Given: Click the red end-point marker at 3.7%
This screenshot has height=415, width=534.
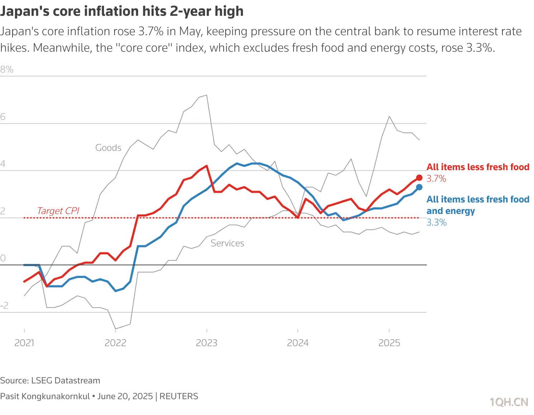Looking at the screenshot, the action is tap(419, 177).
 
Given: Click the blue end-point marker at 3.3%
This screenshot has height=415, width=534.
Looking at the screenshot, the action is tap(419, 187).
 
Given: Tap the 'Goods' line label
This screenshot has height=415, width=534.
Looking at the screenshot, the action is tap(108, 148).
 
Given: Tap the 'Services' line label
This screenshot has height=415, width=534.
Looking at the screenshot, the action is tap(227, 243).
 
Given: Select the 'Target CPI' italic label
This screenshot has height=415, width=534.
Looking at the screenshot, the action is tap(58, 211).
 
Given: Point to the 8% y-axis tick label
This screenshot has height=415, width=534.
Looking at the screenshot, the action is tap(7, 69).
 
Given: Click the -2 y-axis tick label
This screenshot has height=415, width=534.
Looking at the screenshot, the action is tap(4, 306).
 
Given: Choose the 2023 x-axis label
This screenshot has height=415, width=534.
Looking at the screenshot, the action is tap(207, 343).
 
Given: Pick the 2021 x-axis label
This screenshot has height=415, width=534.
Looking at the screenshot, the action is tap(24, 343).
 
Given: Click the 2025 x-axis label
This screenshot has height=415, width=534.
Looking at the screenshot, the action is tap(389, 343).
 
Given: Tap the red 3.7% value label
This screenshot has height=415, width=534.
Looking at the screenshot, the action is tap(436, 178).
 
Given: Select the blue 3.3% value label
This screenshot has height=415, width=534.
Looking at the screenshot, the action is tap(437, 222).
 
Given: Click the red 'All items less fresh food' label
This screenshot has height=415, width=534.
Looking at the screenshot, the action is tap(478, 167).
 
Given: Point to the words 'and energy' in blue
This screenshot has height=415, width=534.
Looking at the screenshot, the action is tap(451, 211).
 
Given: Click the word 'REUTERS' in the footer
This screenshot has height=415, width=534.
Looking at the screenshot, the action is tap(179, 396).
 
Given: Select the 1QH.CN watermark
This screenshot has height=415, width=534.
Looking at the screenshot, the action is tap(509, 402).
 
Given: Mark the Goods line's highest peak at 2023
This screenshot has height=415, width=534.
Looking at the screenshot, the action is tap(207, 95).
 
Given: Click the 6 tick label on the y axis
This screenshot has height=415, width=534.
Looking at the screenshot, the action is tap(3, 117).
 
